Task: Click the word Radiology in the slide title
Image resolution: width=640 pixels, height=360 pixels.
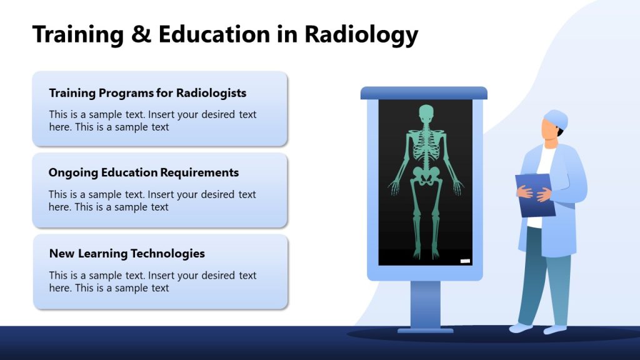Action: click(361, 34)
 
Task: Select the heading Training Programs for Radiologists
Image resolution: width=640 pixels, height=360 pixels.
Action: click(147, 93)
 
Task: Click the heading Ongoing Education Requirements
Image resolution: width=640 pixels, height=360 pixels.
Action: click(144, 172)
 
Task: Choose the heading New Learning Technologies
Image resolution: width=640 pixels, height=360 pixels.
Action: click(127, 254)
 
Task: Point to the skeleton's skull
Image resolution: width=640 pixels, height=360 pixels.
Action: click(426, 114)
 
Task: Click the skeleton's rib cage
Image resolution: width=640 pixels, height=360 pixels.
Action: click(426, 147)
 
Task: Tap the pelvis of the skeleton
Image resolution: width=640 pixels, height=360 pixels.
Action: click(426, 177)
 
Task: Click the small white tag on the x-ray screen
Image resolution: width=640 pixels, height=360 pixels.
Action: click(465, 261)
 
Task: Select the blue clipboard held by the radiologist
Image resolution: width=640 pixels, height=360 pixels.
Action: click(535, 195)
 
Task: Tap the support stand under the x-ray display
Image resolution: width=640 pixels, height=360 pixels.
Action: click(426, 304)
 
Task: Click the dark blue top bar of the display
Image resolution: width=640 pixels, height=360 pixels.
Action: click(424, 93)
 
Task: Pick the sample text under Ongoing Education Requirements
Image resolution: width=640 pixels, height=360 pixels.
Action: click(152, 201)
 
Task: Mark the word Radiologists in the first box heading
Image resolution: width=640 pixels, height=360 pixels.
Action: click(211, 93)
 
